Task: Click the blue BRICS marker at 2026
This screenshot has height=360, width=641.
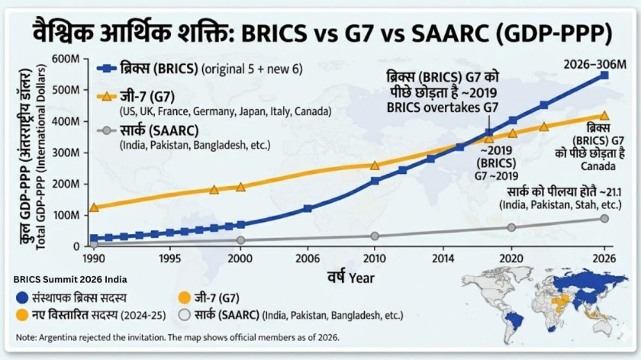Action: point(604,76)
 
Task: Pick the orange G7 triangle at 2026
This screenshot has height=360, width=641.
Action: point(604,115)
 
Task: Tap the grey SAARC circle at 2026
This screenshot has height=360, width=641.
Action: point(604,218)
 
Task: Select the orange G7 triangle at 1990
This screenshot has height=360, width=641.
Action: point(94,207)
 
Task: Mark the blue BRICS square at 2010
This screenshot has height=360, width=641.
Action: point(375,181)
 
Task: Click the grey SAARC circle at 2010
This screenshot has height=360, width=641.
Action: point(375,236)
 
